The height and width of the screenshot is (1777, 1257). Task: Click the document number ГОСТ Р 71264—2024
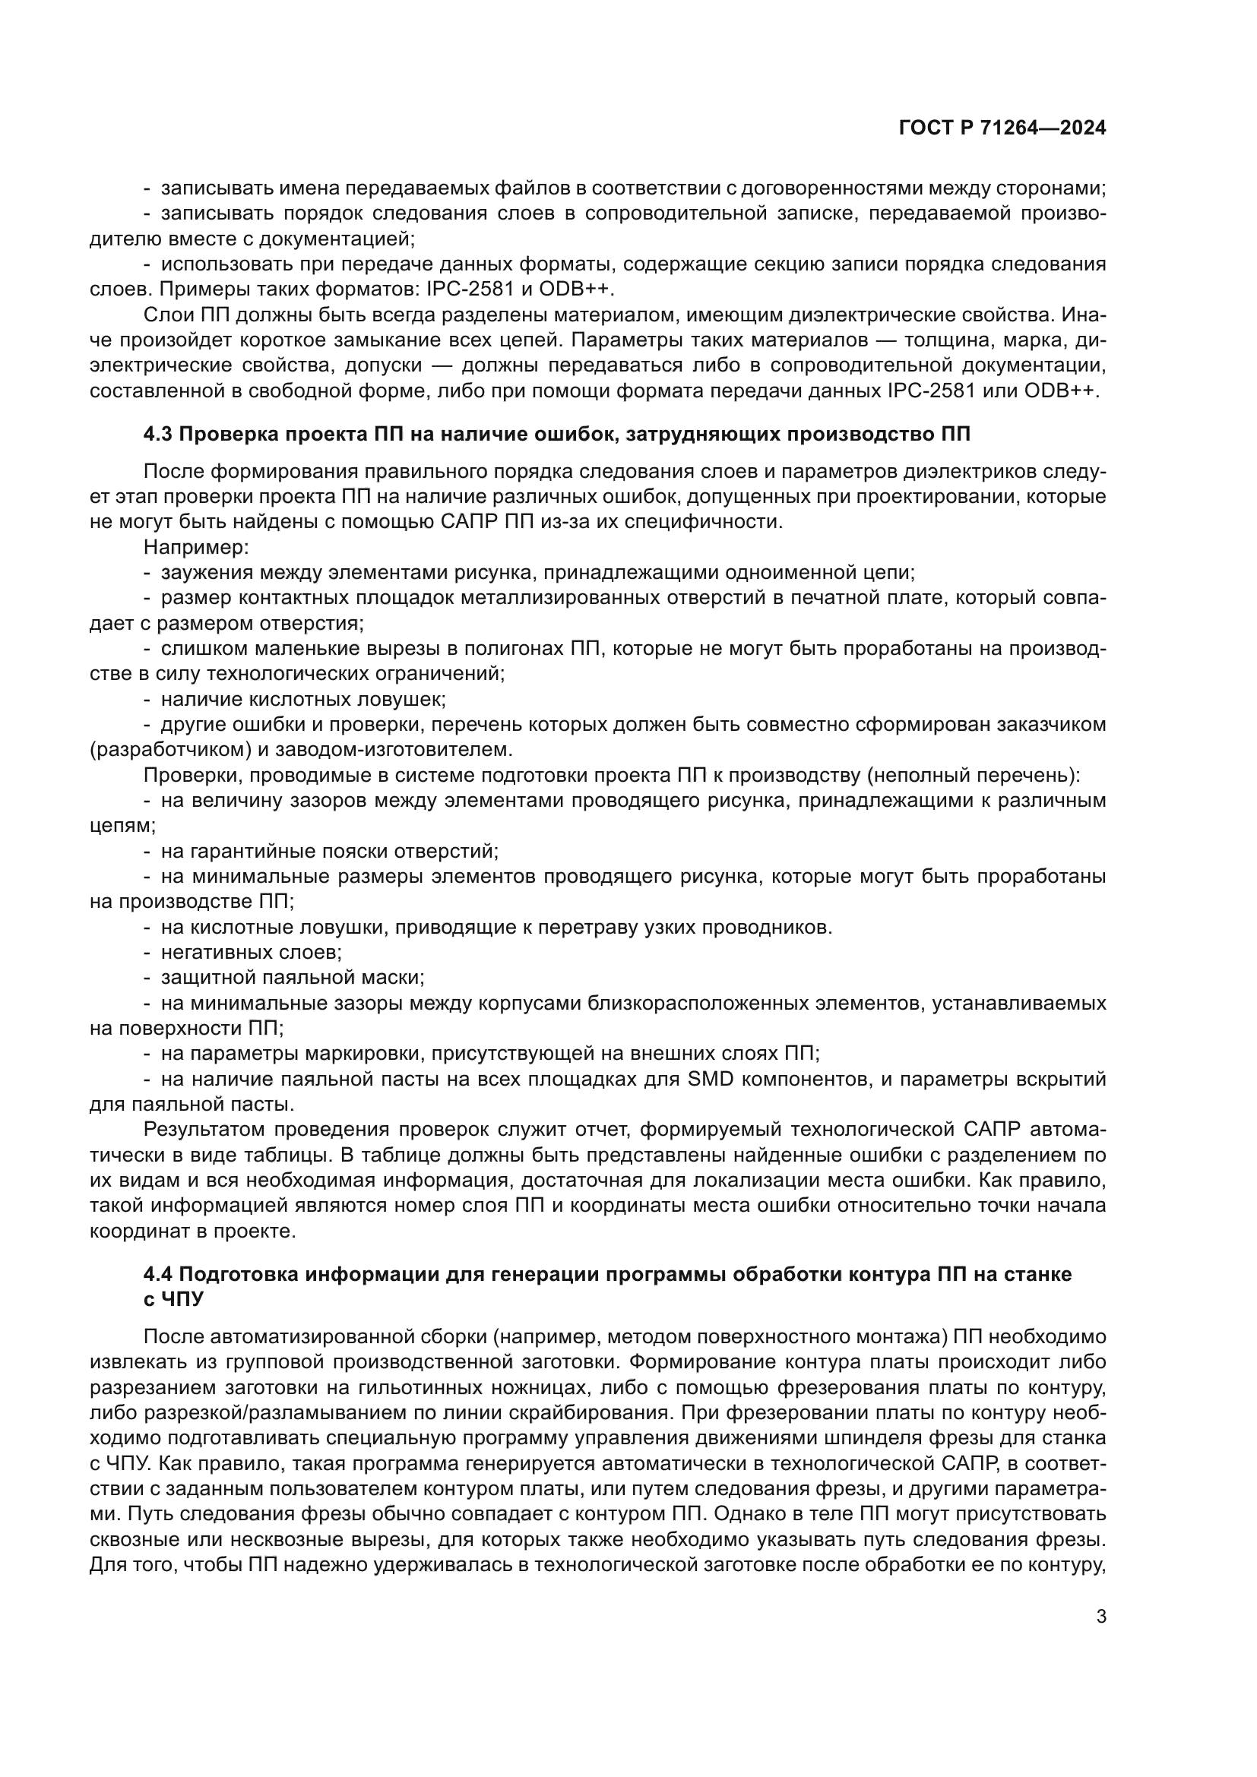pyautogui.click(x=1002, y=128)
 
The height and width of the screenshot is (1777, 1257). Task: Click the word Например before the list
pyautogui.click(x=195, y=547)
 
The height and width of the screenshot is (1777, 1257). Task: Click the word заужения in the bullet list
pyautogui.click(x=206, y=573)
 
